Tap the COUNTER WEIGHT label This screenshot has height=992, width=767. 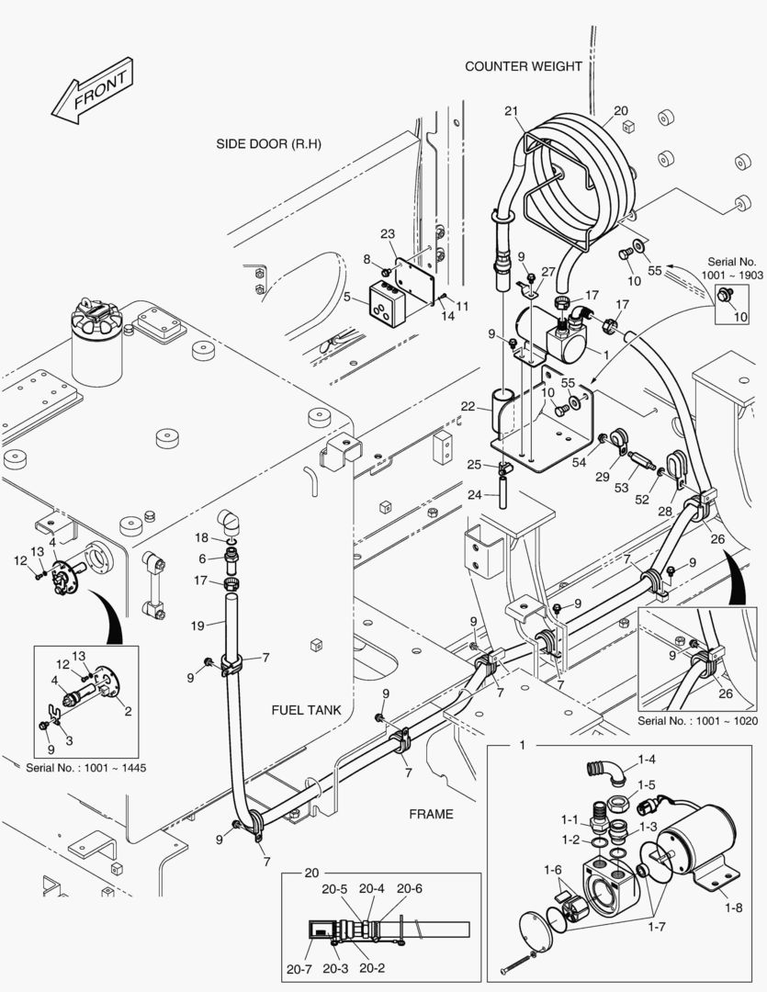click(x=523, y=66)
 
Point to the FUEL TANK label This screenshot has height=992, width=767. click(x=306, y=710)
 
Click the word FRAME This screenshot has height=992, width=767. click(x=431, y=814)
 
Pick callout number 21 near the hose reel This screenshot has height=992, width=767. click(x=511, y=111)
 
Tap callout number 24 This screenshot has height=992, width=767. click(x=472, y=494)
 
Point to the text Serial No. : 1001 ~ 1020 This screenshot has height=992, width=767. click(x=698, y=721)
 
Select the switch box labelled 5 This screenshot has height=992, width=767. click(x=387, y=302)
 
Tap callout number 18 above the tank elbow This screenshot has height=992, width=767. click(x=201, y=536)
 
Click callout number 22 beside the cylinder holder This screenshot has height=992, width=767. click(x=468, y=406)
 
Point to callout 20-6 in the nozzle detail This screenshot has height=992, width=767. click(x=410, y=888)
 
